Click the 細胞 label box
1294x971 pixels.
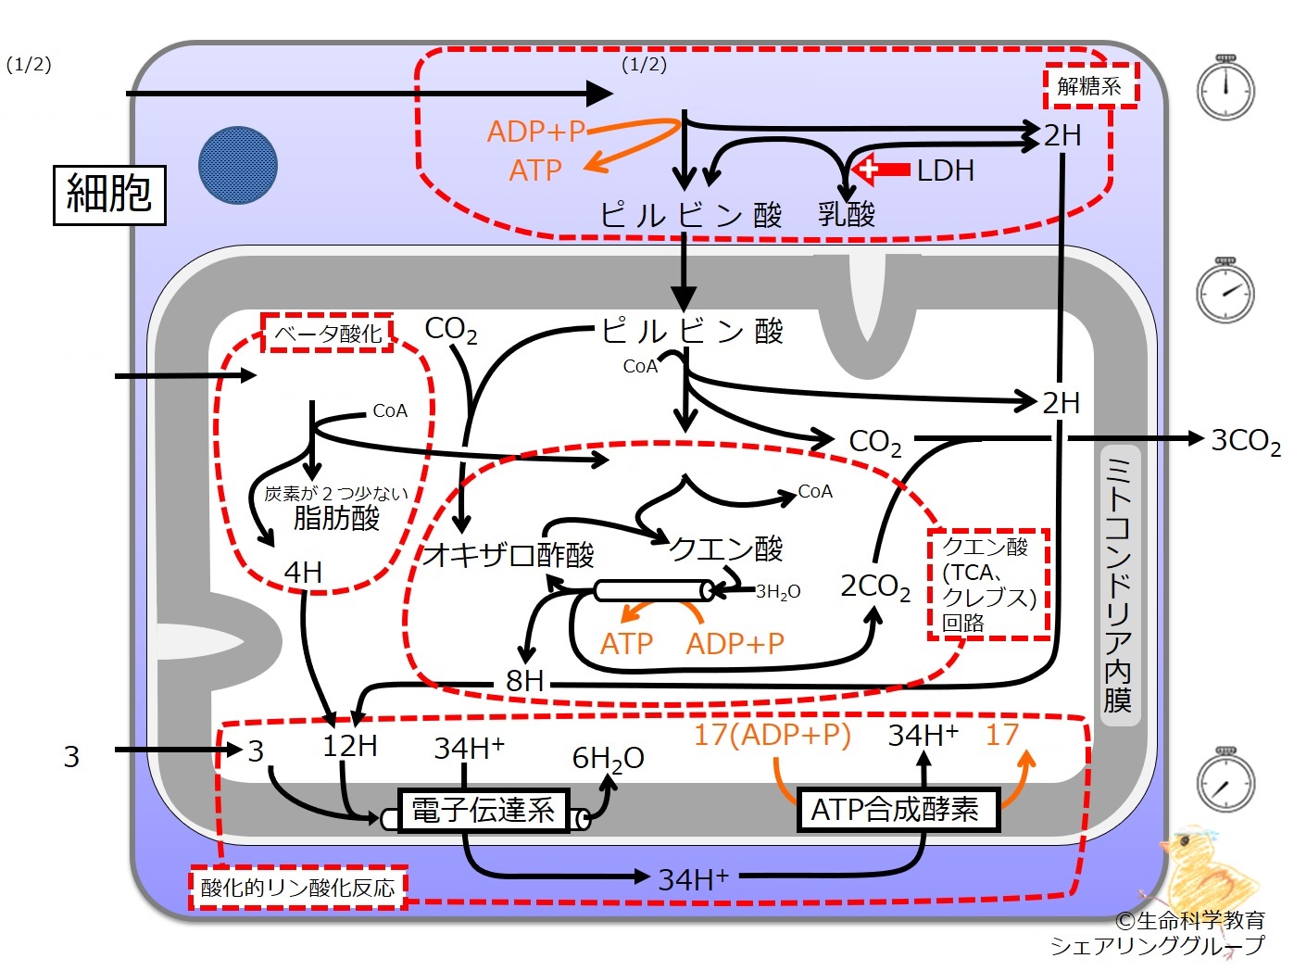pos(109,195)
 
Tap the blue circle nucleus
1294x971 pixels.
pos(237,165)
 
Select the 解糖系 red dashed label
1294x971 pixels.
pos(1090,86)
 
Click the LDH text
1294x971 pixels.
pos(945,170)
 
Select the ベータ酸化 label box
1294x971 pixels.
pos(328,334)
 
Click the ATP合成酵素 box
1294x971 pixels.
pos(898,810)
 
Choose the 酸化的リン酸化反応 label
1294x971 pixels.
pos(298,888)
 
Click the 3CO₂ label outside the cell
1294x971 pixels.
pos(1245,441)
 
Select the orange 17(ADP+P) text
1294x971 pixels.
pos(773,735)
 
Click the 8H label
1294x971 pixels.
pos(524,681)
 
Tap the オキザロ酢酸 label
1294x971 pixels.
pos(509,554)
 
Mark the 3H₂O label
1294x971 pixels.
pos(778,591)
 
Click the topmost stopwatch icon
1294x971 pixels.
pos(1225,88)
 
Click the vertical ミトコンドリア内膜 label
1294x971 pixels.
pos(1118,585)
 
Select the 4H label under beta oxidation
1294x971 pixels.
pos(303,572)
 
